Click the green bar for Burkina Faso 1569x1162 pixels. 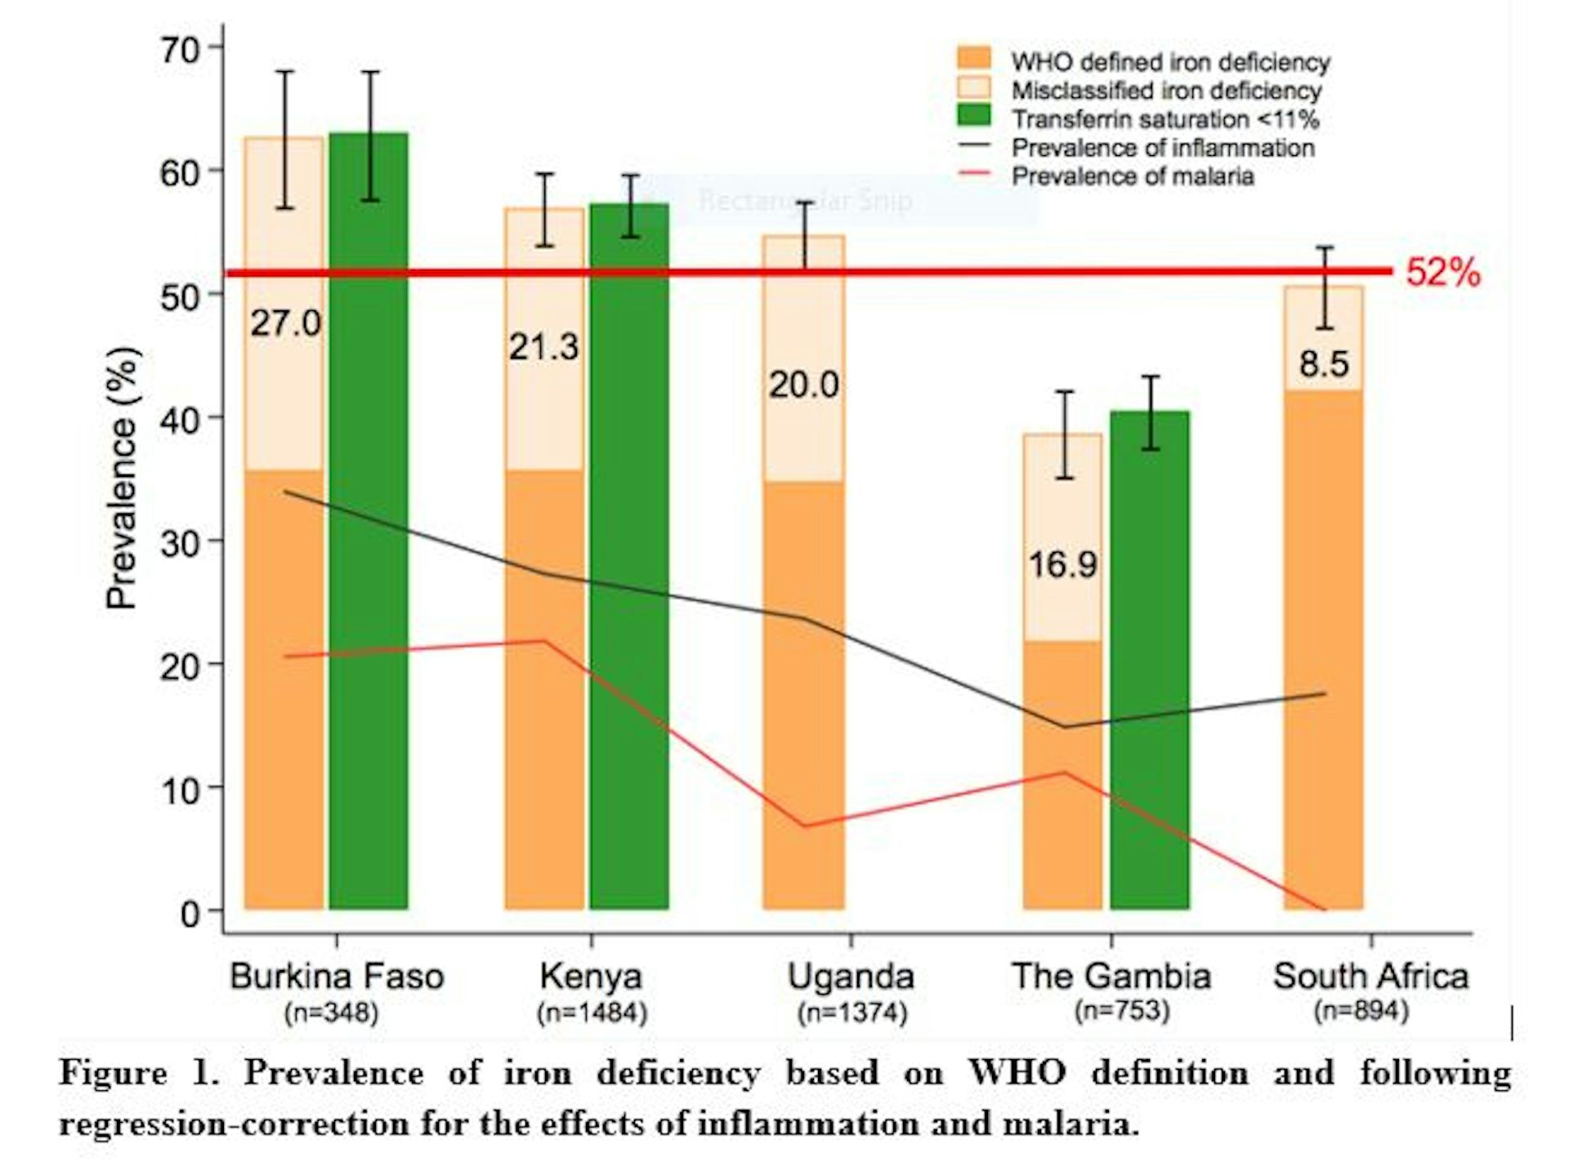point(369,523)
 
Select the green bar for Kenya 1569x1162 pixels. point(628,555)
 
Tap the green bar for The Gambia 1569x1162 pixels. point(1149,661)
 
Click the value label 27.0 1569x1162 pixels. point(285,324)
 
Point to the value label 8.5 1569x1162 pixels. point(1324,364)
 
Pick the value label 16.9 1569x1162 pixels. point(1062,564)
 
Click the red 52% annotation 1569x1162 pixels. point(1442,273)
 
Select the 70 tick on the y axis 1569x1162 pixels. point(180,51)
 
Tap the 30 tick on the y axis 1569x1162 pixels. point(180,543)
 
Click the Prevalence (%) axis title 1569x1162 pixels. point(123,479)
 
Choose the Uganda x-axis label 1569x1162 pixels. point(851,977)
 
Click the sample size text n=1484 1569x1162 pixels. point(592,1013)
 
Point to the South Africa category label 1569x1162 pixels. point(1370,977)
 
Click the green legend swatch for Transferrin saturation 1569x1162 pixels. point(972,117)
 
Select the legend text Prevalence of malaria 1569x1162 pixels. point(1133,176)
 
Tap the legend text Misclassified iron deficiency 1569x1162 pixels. point(1165,91)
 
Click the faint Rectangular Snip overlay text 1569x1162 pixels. point(805,200)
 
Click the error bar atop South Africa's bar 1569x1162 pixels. point(1325,287)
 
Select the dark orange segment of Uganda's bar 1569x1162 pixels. point(803,694)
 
